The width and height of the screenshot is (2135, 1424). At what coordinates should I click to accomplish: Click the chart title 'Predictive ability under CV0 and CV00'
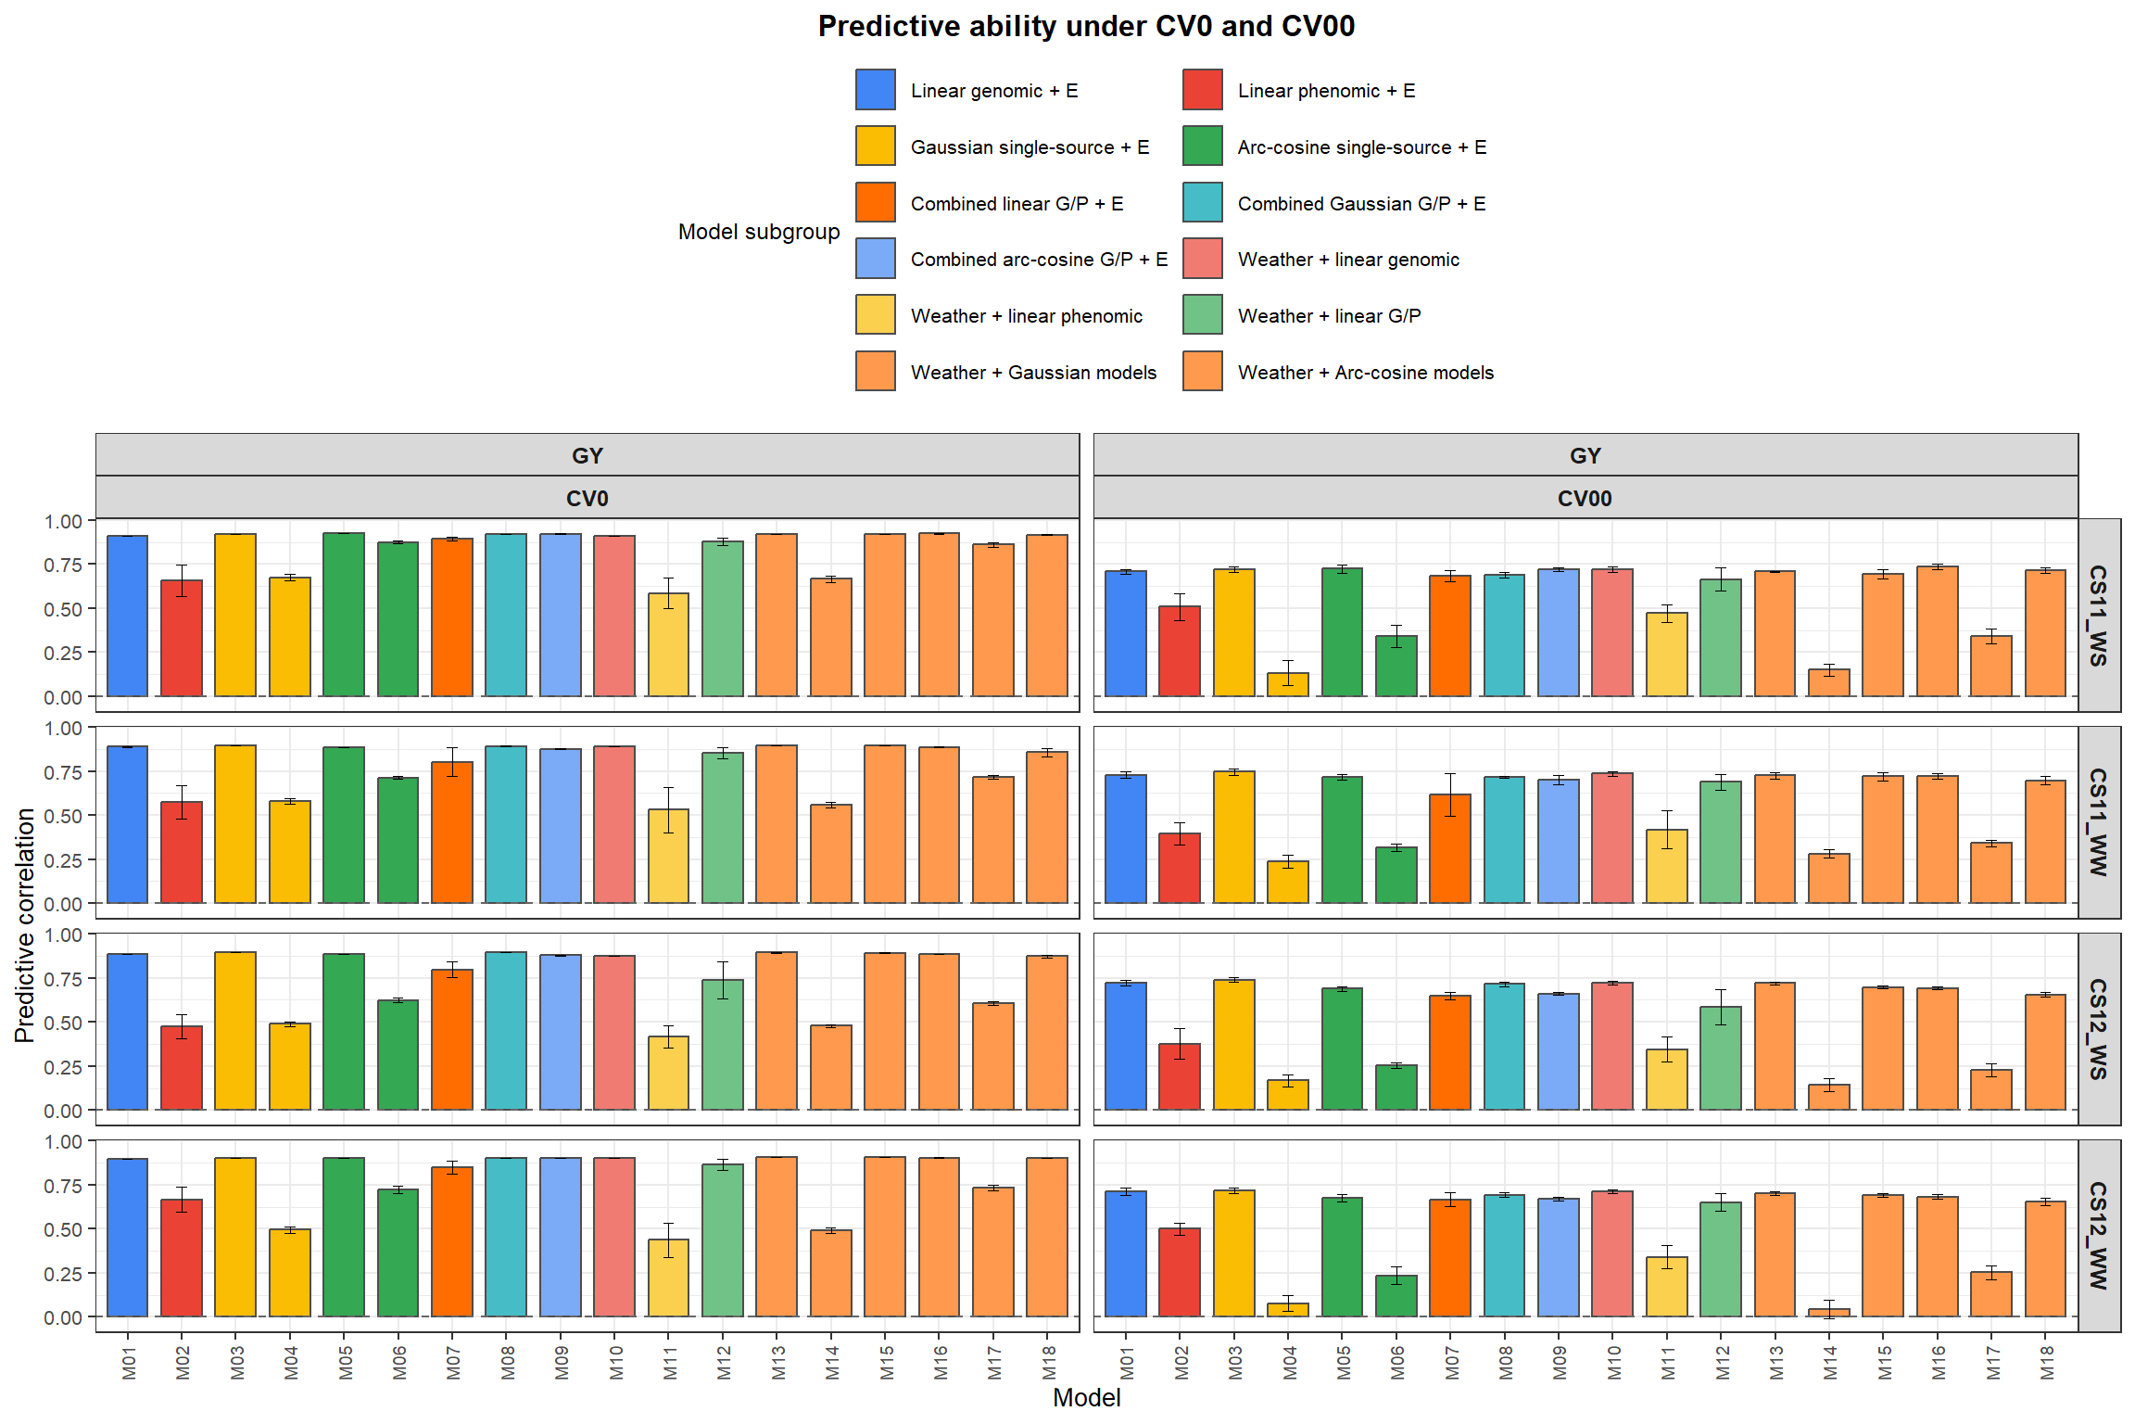tap(1085, 26)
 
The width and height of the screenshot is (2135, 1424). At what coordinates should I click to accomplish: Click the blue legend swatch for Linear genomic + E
tap(875, 90)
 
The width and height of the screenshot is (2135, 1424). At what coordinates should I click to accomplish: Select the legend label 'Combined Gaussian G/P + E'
tap(1360, 203)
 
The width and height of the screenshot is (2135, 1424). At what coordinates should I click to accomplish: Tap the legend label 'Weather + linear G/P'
tap(1328, 316)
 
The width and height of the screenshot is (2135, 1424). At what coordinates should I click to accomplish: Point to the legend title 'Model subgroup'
tap(758, 232)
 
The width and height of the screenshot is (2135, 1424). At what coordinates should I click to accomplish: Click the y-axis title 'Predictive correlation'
tap(25, 925)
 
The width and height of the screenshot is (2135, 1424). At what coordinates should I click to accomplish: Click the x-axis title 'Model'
tap(1086, 1397)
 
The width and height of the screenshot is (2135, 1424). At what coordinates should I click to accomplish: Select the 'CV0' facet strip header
tap(587, 498)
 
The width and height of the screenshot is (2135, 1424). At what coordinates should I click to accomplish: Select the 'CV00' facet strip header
tap(1584, 498)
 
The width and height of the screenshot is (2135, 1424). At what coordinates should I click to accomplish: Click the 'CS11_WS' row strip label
tap(2098, 615)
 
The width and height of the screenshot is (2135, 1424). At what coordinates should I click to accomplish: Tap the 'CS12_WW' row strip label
tap(2098, 1235)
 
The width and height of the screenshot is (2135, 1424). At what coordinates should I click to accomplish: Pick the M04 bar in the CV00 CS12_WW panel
tap(1288, 1310)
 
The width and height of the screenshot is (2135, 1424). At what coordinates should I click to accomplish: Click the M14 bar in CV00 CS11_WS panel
tap(1828, 682)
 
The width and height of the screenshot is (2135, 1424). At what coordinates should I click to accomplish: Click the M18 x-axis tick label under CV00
tap(2046, 1362)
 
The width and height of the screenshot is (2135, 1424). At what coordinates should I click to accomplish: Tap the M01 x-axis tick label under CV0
tap(128, 1362)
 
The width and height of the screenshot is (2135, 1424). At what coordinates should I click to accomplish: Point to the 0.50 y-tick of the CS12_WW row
tap(62, 1229)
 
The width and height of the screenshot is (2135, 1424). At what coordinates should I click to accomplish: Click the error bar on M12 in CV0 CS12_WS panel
tap(722, 980)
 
